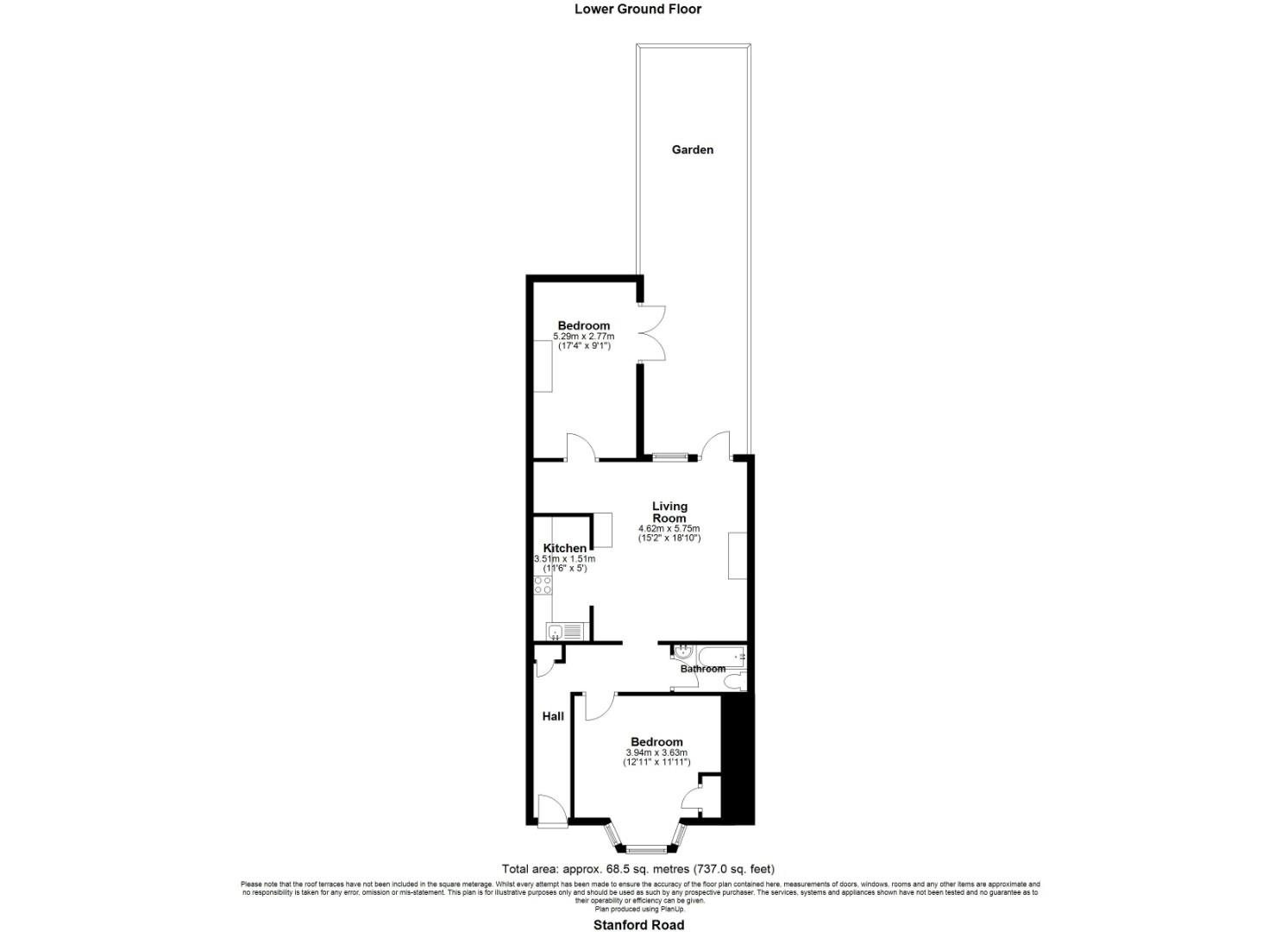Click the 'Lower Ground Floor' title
tap(638, 9)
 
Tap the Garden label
tap(693, 149)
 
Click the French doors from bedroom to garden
tap(651, 333)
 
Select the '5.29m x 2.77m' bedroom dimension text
tap(584, 336)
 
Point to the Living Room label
tap(669, 512)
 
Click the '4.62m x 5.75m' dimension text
tap(669, 528)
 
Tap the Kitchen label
tap(565, 548)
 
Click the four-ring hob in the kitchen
tap(543, 585)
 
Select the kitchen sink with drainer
tap(565, 631)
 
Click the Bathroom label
tap(702, 669)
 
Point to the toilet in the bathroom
tap(735, 683)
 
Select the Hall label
tap(553, 716)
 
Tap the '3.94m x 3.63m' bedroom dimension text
tap(656, 753)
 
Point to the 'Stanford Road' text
tap(638, 925)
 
